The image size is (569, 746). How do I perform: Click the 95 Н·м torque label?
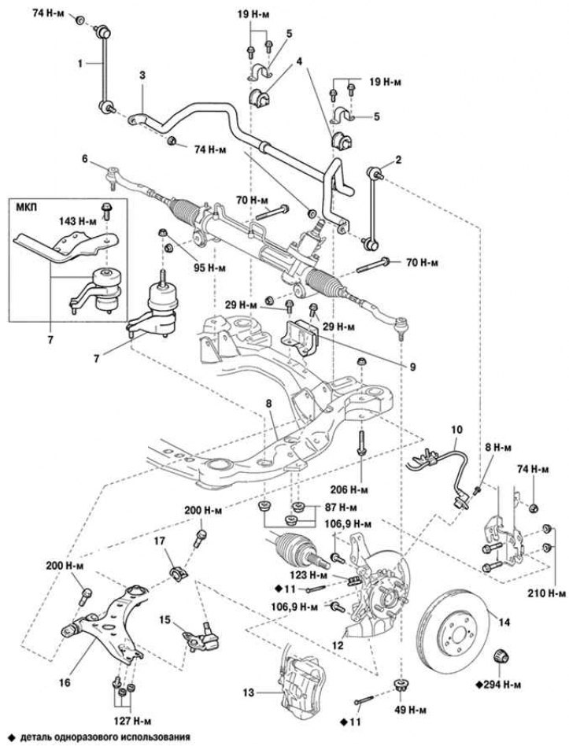coord(209,268)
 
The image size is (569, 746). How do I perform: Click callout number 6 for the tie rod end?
coord(83,158)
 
